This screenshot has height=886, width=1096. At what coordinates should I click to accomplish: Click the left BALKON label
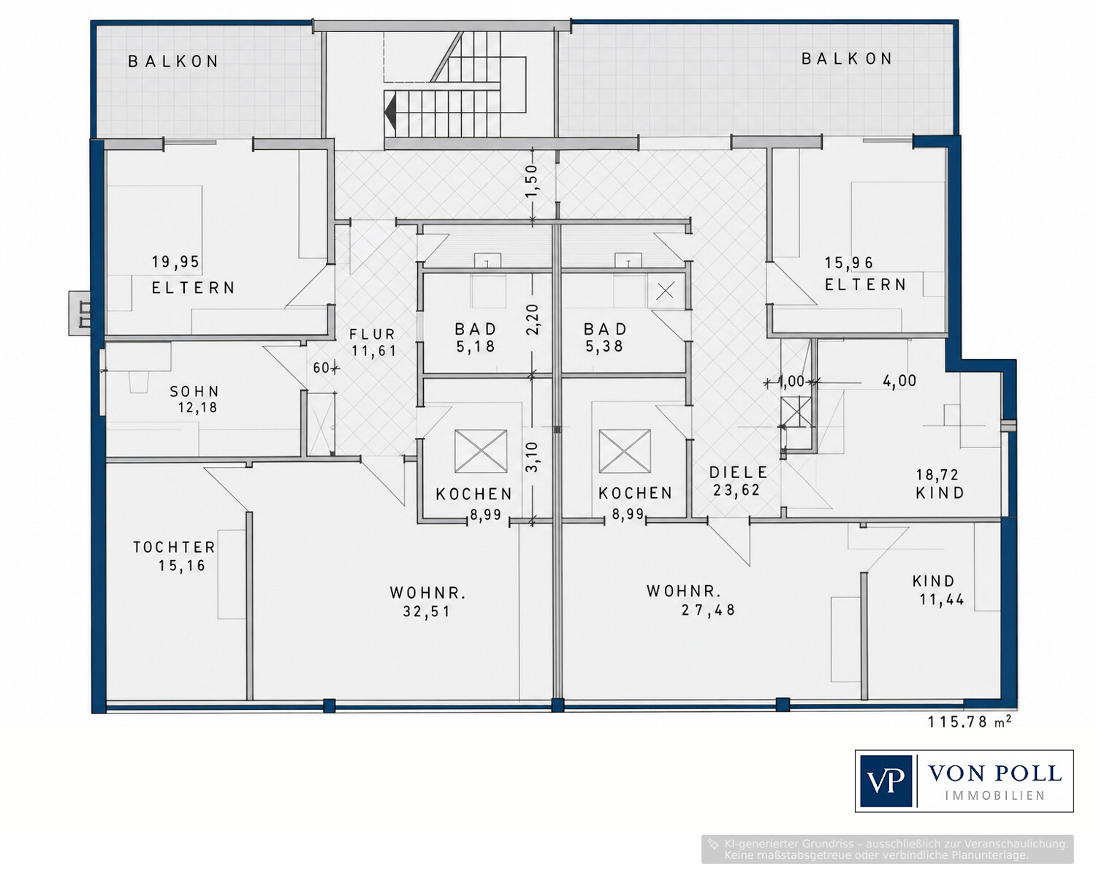(x=173, y=62)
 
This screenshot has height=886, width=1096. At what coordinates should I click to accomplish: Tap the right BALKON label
(x=847, y=59)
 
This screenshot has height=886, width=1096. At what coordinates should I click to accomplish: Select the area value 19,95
(x=175, y=262)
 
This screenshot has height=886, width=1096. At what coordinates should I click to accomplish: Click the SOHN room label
(x=194, y=391)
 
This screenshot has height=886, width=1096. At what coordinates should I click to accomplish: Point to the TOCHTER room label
(x=175, y=547)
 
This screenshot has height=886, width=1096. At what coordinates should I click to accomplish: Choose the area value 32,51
(x=427, y=612)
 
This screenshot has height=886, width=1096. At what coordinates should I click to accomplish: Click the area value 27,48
(x=709, y=610)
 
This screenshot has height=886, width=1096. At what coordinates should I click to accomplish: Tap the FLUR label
(x=373, y=334)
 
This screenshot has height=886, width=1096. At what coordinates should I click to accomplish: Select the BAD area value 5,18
(x=476, y=347)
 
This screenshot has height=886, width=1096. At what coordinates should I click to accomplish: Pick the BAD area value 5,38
(x=604, y=347)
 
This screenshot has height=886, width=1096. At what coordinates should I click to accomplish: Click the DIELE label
(x=739, y=472)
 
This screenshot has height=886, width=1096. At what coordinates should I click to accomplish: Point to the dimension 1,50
(x=533, y=180)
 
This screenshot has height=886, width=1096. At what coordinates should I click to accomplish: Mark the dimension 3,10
(x=533, y=457)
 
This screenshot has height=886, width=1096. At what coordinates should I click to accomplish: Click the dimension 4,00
(x=899, y=381)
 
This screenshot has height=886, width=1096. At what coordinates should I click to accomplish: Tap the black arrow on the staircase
(x=391, y=111)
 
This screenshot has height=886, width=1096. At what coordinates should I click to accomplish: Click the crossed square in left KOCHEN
(x=481, y=451)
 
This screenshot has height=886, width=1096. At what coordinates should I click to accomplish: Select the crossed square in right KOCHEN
(x=624, y=451)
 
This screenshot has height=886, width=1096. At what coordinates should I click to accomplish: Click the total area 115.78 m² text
(x=970, y=722)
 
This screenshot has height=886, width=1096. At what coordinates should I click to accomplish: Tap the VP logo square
(x=886, y=781)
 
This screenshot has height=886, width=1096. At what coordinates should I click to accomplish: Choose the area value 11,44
(x=942, y=599)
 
